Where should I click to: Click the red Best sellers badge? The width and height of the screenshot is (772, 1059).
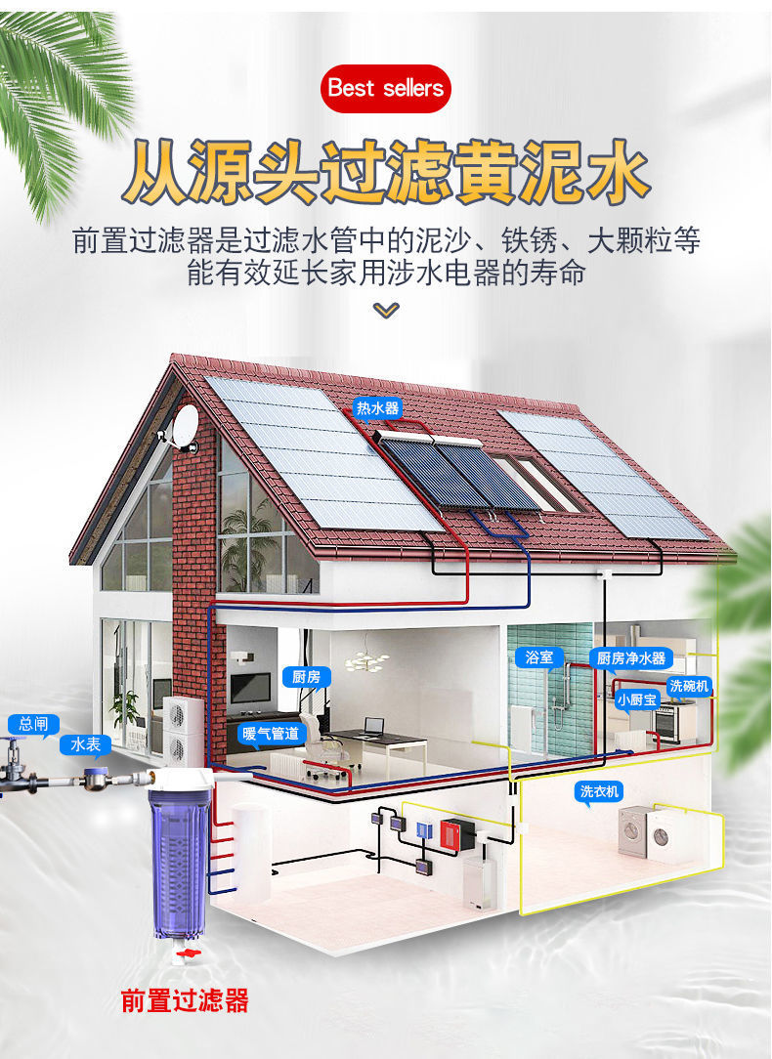(385, 88)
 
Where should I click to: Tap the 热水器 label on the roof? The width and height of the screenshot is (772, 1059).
(377, 408)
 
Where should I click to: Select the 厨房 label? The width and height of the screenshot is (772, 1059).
(305, 676)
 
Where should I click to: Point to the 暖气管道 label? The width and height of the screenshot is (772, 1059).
(269, 733)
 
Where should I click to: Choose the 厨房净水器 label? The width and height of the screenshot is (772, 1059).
(630, 658)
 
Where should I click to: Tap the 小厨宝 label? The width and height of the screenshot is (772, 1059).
(637, 699)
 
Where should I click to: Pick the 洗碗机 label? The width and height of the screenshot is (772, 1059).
(689, 687)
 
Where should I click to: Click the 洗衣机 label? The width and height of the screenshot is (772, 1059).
(600, 791)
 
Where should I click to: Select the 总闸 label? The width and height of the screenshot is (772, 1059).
(33, 724)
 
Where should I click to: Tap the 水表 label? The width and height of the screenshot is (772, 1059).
(84, 744)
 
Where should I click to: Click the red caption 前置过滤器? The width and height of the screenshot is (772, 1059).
(185, 1000)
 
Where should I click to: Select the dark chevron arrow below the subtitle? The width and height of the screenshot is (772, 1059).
(387, 310)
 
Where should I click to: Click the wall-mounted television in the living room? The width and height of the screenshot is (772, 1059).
(250, 688)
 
